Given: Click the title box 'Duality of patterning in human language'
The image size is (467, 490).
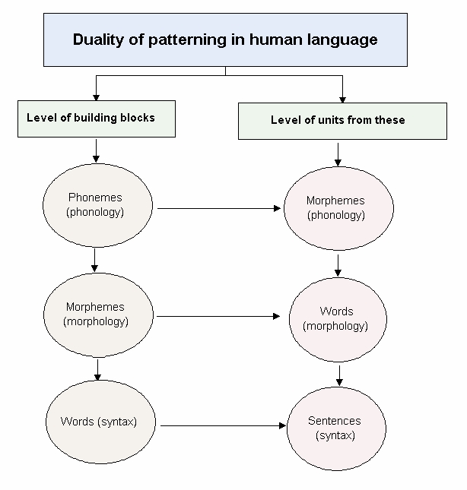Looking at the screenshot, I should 225,40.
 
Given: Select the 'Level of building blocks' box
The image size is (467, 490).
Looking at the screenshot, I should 95,119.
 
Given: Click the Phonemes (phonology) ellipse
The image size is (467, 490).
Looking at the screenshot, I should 95,204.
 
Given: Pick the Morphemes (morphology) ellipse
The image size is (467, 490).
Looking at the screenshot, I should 95,315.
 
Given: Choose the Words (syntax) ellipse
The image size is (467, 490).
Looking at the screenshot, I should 99,421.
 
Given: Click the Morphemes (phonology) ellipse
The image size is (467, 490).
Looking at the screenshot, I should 338,208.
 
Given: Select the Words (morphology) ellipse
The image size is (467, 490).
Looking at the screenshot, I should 338,318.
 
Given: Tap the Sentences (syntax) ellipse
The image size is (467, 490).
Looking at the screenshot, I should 335,428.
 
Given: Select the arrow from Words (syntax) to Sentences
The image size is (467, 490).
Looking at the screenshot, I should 222,426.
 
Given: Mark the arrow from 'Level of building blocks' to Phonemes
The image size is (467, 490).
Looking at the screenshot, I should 96,148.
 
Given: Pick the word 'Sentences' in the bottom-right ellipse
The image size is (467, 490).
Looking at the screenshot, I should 335,421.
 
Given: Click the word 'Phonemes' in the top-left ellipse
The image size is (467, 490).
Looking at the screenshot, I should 95,198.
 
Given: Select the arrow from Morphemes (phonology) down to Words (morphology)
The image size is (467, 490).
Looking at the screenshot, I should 338,264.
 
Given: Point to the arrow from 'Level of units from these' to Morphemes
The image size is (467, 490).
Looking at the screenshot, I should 338,155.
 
